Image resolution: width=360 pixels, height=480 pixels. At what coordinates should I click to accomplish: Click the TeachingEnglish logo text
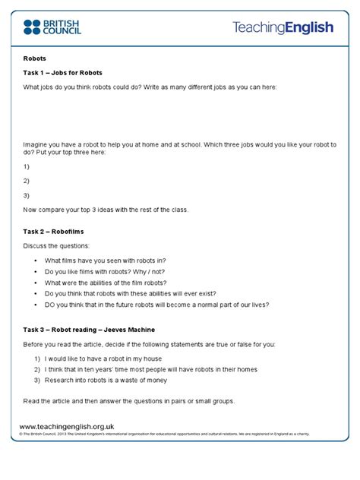click(x=283, y=28)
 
